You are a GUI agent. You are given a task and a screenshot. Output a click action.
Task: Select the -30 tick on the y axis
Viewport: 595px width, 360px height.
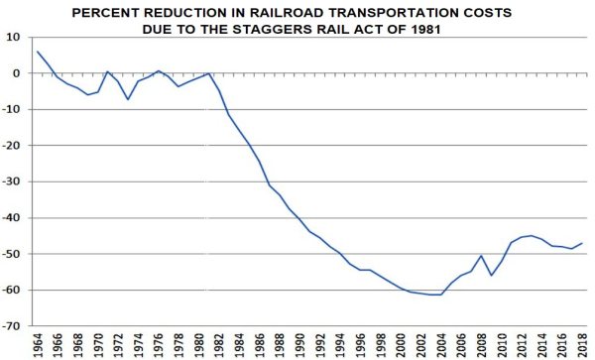(14, 181)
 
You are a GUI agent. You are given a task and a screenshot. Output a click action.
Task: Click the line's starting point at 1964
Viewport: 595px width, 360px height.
(37, 52)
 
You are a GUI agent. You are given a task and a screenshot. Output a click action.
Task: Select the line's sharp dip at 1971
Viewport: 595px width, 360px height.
(128, 99)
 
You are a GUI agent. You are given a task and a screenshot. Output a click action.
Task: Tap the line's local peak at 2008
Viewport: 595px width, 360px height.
(481, 256)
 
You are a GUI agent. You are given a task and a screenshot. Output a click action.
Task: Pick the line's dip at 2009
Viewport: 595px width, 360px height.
(491, 275)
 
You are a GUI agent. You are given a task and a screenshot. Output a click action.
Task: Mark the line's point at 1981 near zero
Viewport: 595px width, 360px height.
(208, 73)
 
